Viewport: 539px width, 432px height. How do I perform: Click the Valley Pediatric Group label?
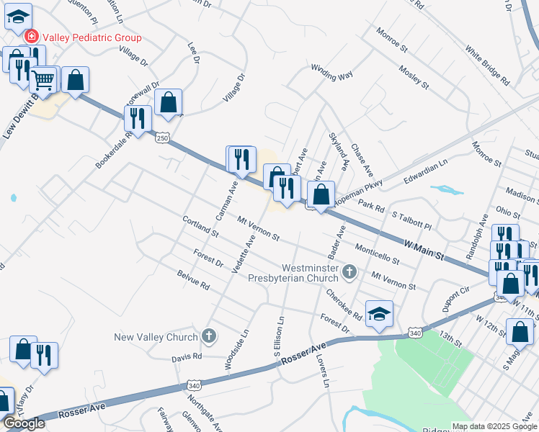pos(91,37)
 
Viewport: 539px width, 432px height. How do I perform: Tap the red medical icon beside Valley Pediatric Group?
pos(32,37)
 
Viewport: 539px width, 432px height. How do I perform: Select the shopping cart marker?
pos(44,81)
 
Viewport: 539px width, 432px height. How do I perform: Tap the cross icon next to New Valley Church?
pos(209,336)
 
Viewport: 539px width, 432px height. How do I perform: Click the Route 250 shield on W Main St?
pos(164,137)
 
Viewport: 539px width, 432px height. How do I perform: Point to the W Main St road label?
pos(423,251)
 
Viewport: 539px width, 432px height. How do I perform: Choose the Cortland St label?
pos(200,227)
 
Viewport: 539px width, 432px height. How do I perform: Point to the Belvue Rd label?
pos(192,279)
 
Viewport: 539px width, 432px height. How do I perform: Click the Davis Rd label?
pos(187,356)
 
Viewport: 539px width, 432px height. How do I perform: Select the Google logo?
pos(24,423)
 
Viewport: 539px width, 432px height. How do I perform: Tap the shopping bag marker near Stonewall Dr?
pos(168,103)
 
